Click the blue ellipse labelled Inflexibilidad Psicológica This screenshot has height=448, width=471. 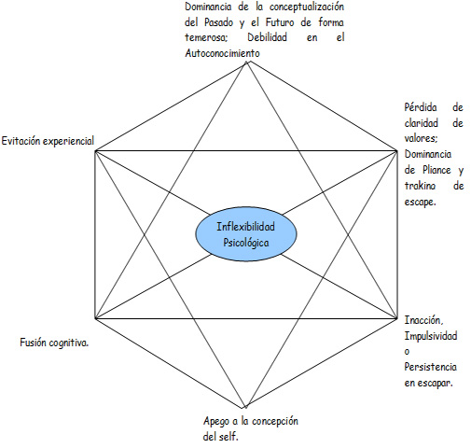point(246,233)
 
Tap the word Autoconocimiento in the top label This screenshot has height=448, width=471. point(222,53)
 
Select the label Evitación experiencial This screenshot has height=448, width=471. point(48,141)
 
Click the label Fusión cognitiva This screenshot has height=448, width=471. point(54,343)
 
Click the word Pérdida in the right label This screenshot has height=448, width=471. point(421,107)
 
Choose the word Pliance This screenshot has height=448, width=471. point(436,170)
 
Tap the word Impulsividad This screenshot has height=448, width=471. point(431,336)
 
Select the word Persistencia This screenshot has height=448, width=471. point(430,367)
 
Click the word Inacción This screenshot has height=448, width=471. point(423,320)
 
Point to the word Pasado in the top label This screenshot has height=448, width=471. point(218,22)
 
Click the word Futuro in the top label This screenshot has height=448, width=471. point(280,22)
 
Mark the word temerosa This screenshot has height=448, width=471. point(206,37)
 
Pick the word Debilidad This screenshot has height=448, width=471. point(267,37)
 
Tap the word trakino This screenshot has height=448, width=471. point(420,186)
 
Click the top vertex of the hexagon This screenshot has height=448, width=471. point(247,63)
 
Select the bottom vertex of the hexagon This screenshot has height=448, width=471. point(245,407)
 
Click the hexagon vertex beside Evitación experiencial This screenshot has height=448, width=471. point(95,151)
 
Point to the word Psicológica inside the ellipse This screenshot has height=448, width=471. point(246,243)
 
